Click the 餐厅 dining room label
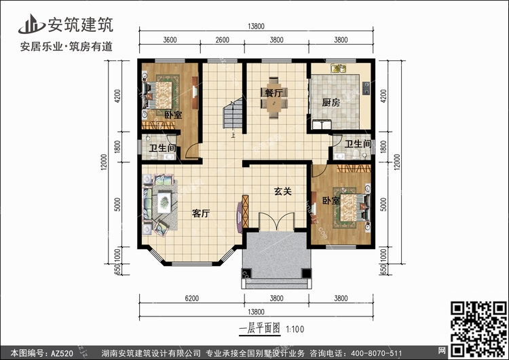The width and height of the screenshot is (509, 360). coord(274,93)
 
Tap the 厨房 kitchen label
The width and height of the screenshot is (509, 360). coord(331,103)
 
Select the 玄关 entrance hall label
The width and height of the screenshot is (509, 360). coord(283,192)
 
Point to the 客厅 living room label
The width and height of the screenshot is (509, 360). coord(201,213)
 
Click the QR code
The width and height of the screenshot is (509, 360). coord(479,329)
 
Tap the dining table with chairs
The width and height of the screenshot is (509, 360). coord(274,98)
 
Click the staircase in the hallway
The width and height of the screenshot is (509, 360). coord(232,113)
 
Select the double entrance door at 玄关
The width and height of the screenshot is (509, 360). coord(276,221)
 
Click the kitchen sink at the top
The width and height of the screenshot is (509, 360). coord(338,69)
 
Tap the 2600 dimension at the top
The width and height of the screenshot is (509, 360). coord(222,40)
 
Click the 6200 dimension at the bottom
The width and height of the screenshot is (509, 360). coord(191,298)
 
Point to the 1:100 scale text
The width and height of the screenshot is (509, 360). coord(295,329)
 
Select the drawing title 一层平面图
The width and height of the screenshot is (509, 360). coord(259,329)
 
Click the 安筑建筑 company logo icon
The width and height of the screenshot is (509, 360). coord(31,24)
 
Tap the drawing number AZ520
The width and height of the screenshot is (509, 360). coord(62,353)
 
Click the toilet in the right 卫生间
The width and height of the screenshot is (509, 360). coord(356,154)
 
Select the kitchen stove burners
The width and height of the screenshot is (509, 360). coord(366,88)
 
